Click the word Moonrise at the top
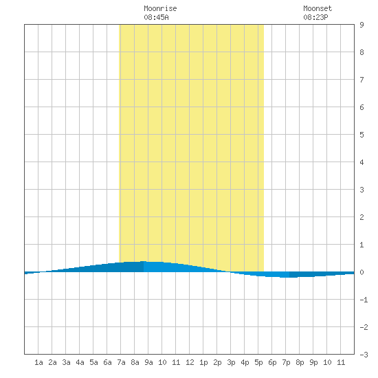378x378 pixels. tap(160, 8)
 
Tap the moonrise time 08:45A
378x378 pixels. tap(156, 17)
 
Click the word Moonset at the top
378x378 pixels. tap(318, 8)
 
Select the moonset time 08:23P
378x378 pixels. tap(315, 17)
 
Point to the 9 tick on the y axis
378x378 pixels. tap(362, 25)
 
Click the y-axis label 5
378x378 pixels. tap(362, 135)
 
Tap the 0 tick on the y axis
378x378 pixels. tap(362, 272)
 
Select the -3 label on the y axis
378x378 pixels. tap(364, 355)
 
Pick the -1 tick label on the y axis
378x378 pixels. tap(364, 300)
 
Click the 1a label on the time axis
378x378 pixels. tap(38, 362)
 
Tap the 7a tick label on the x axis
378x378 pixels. tap(121, 362)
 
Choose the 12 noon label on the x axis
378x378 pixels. tap(190, 362)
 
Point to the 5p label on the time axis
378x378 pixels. tap(258, 362)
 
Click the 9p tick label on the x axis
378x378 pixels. tap(313, 362)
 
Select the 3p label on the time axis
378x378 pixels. tap(231, 362)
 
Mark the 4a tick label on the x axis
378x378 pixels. tap(80, 362)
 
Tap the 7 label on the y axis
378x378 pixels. tap(362, 80)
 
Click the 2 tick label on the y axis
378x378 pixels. tap(362, 217)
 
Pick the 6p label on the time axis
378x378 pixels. tap(272, 362)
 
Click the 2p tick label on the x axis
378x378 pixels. tap(217, 362)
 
